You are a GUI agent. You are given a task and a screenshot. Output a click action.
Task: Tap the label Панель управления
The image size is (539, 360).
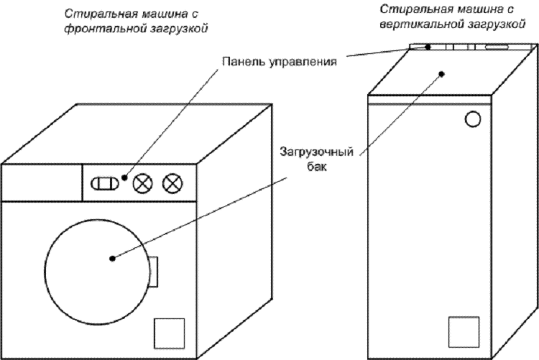pyautogui.click(x=280, y=62)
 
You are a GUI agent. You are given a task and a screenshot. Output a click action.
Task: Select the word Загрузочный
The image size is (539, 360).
pyautogui.click(x=317, y=152)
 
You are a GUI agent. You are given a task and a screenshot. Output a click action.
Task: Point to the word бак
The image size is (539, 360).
pyautogui.click(x=316, y=167)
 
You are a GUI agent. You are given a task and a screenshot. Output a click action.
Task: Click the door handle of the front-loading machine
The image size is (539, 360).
pyautogui.click(x=153, y=272)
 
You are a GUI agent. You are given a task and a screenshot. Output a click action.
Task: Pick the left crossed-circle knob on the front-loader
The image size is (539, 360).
pyautogui.click(x=143, y=183)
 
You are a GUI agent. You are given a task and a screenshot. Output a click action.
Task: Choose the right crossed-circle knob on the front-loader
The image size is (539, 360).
pyautogui.click(x=172, y=183)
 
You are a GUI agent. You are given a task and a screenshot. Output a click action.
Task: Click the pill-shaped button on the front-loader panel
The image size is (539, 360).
pyautogui.click(x=104, y=183)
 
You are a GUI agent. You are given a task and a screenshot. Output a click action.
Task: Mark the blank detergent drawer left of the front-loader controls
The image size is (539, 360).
pyautogui.click(x=42, y=183)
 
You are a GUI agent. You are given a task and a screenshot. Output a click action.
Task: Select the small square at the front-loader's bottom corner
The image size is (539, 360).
pyautogui.click(x=169, y=333)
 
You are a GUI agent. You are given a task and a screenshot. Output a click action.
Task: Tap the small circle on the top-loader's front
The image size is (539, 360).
pyautogui.click(x=473, y=119)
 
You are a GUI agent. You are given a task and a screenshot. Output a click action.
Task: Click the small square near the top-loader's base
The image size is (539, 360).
pyautogui.click(x=464, y=332)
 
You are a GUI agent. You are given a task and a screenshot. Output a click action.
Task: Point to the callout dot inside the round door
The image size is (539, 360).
pyautogui.click(x=112, y=259)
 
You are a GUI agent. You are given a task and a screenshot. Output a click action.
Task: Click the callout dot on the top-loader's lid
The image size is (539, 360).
pyautogui.click(x=443, y=74)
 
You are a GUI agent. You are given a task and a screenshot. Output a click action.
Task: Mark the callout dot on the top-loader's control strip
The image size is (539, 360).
pyautogui.click(x=428, y=47)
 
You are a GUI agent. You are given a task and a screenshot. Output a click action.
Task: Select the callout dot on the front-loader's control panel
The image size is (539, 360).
pyautogui.click(x=124, y=177)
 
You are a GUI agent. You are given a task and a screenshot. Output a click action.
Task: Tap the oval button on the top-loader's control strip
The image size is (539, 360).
pyautogui.click(x=497, y=47)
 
